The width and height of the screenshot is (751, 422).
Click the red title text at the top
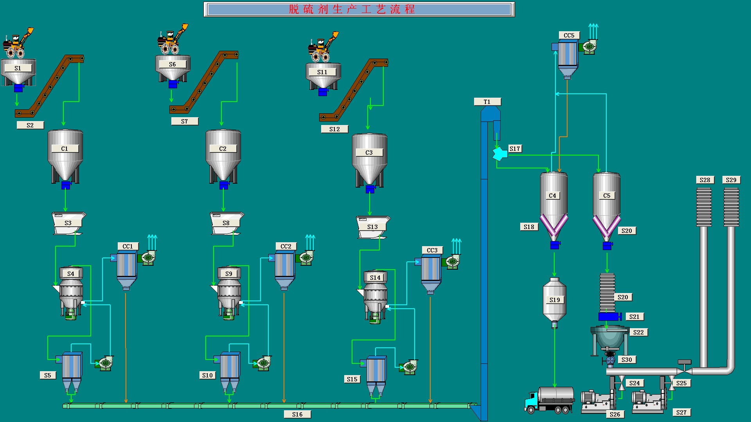pos(352,9)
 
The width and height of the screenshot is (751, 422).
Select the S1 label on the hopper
pos(18,68)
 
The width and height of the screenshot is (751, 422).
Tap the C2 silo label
pos(223,148)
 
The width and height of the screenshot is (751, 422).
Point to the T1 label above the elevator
pos(487,102)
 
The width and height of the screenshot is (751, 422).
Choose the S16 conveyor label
pos(297,414)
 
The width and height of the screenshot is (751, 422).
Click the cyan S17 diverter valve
pos(499,154)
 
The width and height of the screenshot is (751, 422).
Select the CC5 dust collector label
pos(569,36)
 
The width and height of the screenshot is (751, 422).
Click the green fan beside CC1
pos(148,258)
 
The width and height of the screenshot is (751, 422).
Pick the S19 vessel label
pos(555,300)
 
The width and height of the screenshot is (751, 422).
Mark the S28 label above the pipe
pos(705,180)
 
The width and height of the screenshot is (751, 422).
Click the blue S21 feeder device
pos(609,316)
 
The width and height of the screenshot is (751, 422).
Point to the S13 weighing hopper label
pos(372,227)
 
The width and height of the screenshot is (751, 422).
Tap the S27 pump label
pos(681,412)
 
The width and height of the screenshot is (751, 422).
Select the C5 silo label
pos(607,195)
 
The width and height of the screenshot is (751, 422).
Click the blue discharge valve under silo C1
pos(66,185)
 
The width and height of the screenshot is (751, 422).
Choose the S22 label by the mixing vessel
pos(638,332)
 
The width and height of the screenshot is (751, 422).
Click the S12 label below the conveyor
pos(334,129)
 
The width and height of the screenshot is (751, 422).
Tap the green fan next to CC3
pos(452,262)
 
